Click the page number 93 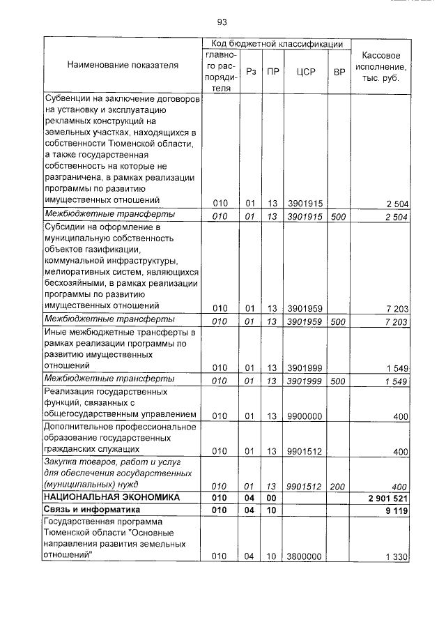coord(222,22)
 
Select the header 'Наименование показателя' coord(123,65)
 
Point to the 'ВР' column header coord(339,72)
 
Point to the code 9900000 coord(304,416)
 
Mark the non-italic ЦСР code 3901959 coord(304,307)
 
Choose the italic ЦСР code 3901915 coord(305,215)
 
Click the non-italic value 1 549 coord(395,367)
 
